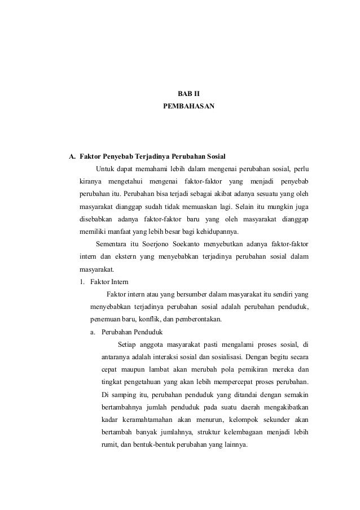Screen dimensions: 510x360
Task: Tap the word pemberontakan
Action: (x=197, y=319)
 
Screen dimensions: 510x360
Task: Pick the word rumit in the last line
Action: (x=109, y=444)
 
